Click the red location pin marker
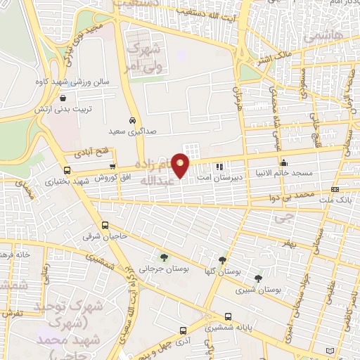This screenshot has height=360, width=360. tap(181, 165)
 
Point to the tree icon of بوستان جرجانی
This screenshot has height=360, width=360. tap(164, 257)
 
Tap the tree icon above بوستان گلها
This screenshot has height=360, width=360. tap(223, 261)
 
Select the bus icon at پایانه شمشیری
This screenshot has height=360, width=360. tap(228, 316)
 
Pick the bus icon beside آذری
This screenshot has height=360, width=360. tap(183, 330)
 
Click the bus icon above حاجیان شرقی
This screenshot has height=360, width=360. tap(105, 226)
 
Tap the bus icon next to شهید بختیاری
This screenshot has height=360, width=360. tap(67, 170)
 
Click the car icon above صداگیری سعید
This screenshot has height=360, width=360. tap(132, 120)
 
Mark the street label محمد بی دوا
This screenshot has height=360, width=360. tap(294, 193)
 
